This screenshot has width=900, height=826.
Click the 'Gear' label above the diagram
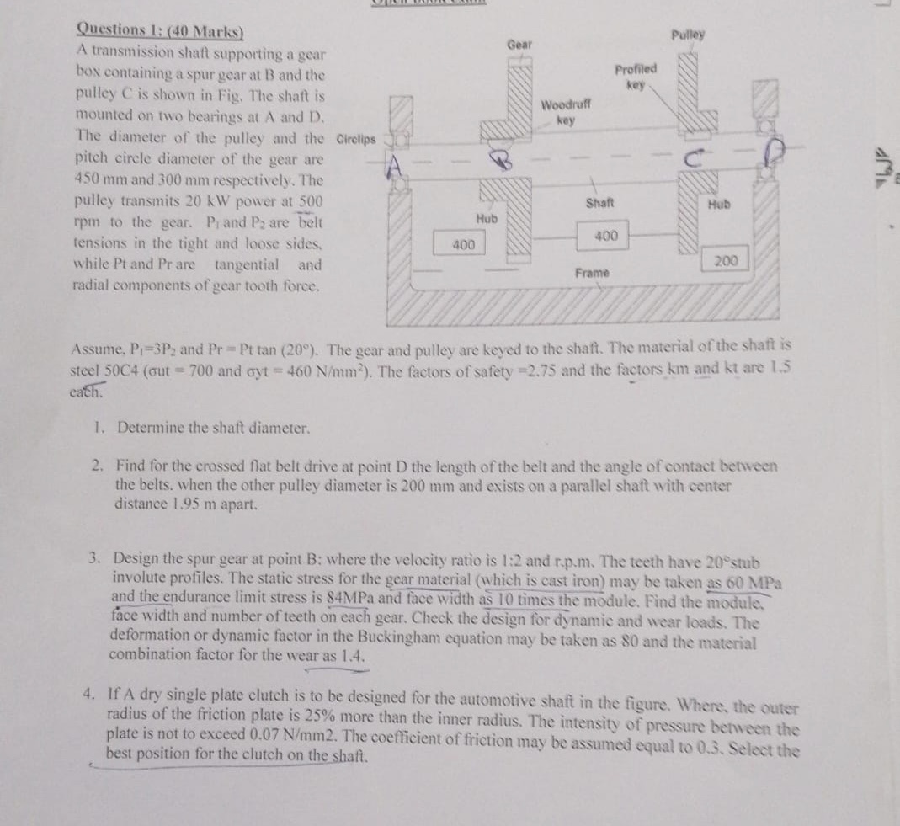point(519,43)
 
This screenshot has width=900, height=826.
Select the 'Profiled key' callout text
point(636,77)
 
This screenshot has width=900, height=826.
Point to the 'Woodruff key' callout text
point(566,112)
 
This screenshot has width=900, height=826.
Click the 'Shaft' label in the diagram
point(599,203)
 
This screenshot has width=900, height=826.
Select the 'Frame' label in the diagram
point(592,273)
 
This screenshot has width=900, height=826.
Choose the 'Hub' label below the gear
point(487,218)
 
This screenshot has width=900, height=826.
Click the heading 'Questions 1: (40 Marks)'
point(160,29)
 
